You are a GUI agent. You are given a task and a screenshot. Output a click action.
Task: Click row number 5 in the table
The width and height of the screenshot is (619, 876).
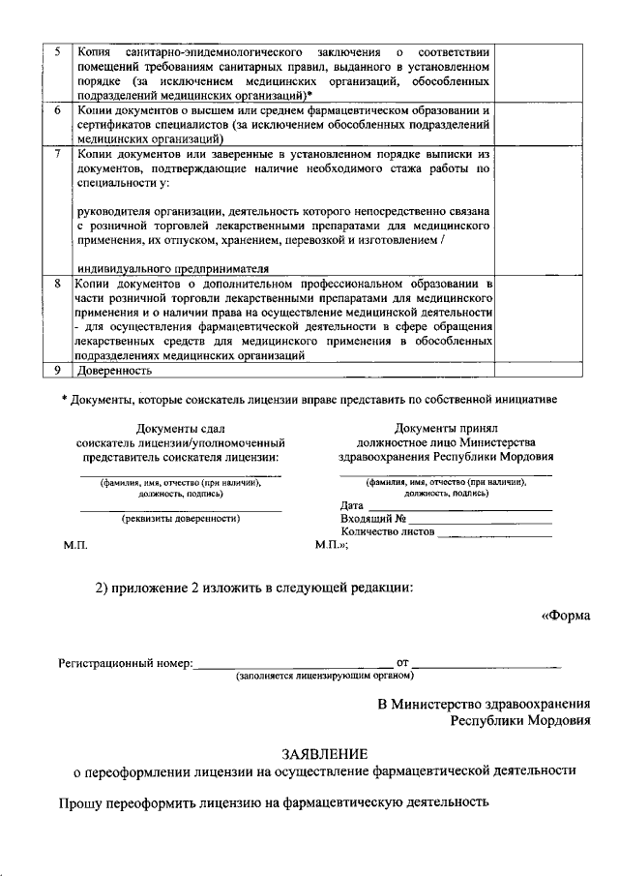(x=59, y=49)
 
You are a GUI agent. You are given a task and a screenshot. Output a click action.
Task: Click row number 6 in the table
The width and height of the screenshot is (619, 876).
(x=59, y=111)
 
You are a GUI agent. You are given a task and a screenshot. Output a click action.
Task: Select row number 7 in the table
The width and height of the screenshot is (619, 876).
(x=59, y=154)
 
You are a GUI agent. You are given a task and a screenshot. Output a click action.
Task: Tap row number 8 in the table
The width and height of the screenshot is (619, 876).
(x=59, y=284)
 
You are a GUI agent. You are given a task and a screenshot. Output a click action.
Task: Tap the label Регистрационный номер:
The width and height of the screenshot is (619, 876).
(x=126, y=664)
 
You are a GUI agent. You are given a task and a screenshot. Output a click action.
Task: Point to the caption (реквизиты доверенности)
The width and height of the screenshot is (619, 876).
(x=181, y=519)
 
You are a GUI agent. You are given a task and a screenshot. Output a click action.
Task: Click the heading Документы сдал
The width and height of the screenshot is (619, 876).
(x=181, y=428)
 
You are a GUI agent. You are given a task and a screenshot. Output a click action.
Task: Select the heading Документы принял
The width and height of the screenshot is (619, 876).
(x=446, y=428)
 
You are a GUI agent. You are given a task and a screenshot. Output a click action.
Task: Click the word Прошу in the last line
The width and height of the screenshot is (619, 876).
(x=80, y=802)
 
